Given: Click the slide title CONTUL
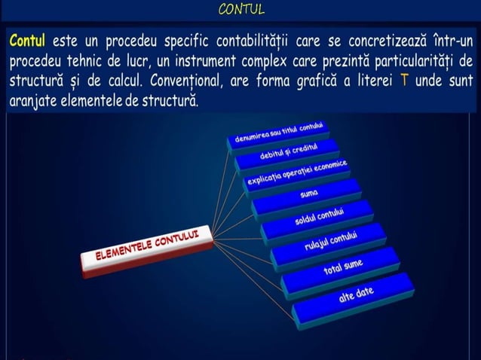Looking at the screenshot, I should point(240,10).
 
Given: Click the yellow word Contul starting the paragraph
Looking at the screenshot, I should point(27,40).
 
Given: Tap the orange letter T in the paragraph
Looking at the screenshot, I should point(405,81).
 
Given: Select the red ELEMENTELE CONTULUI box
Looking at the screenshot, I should point(146,252).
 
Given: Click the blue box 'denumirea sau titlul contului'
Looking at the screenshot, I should point(278,133).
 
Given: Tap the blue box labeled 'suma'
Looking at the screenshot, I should point(308,194).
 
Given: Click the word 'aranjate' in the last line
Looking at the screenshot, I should point(33,100).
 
